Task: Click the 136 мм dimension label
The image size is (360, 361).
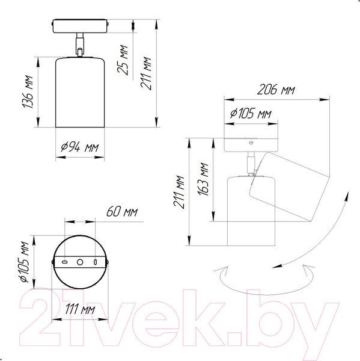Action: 28,91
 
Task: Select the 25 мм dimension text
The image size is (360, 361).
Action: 123,60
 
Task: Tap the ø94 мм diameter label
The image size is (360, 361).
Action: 80,147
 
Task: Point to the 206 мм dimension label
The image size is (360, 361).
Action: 276,89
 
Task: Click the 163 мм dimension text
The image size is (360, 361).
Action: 203,179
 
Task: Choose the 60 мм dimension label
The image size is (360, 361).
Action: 122,212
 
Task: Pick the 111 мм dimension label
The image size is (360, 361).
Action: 80,309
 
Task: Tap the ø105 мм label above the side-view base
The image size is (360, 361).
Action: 251,113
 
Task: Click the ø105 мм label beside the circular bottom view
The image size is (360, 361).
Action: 25,262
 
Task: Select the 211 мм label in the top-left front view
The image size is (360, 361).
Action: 146,73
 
